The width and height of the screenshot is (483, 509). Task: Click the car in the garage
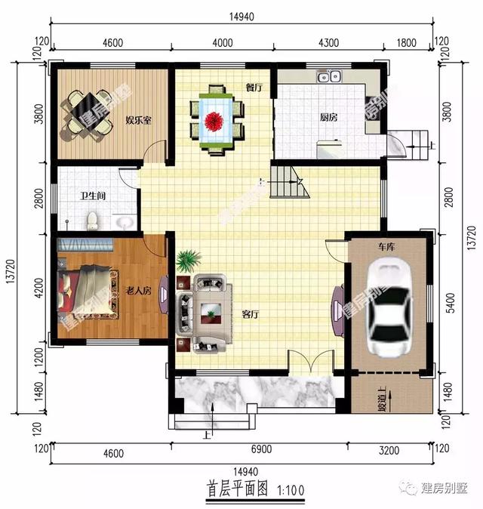389,305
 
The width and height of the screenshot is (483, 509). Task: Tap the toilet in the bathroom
92,221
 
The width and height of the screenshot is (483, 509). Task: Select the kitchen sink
330,76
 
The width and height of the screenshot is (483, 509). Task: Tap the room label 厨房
328,118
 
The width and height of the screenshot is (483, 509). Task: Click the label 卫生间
93,196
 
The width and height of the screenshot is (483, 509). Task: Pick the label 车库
388,246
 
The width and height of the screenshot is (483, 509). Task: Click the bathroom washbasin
125,222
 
